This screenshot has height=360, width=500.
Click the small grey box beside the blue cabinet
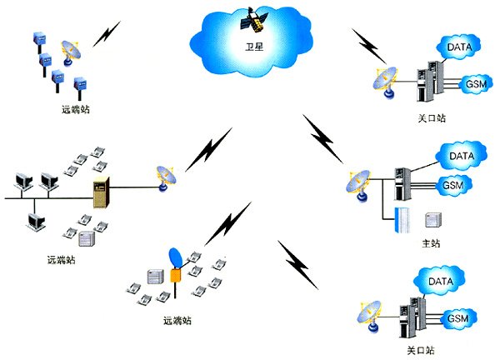pyautogui.click(x=432, y=220)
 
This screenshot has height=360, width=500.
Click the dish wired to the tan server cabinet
pyautogui.click(x=162, y=177)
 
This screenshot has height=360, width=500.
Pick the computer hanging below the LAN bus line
pyautogui.click(x=35, y=220)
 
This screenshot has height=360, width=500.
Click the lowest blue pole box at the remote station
pyautogui.click(x=82, y=85)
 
